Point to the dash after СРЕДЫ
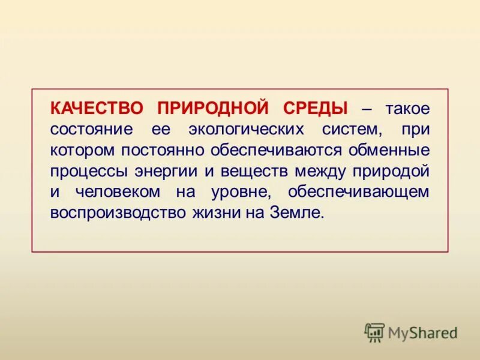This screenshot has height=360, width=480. pos(366,109)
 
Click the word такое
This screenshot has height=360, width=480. pos(407,109)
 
